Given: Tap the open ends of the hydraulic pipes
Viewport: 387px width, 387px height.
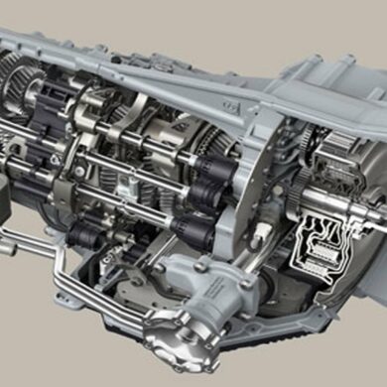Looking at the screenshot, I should (x=7, y=243).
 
